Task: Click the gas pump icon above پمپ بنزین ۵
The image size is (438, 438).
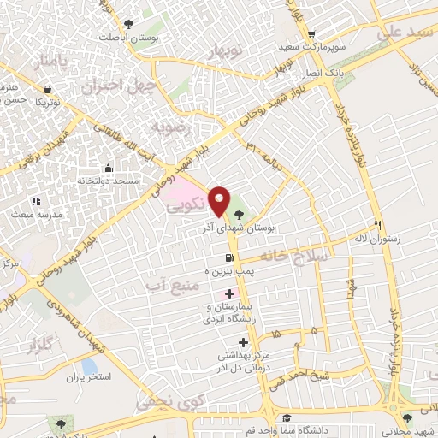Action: coord(228,258)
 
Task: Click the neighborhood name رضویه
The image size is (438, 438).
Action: coord(169,127)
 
